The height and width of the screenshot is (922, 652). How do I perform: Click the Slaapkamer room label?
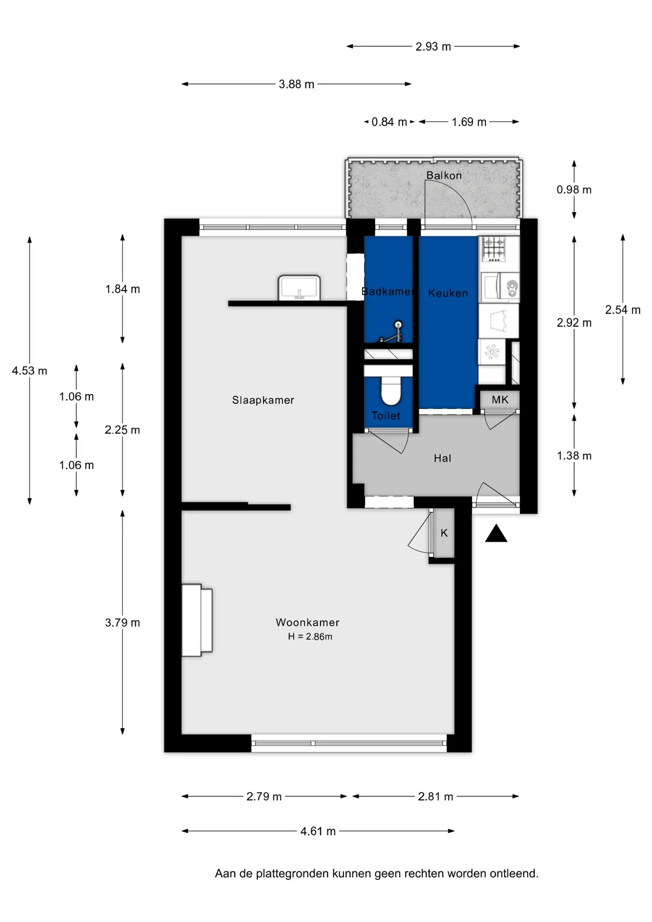coord(263,400)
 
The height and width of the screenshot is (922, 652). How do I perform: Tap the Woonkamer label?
coord(307,622)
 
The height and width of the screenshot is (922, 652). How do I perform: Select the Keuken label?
coord(448,293)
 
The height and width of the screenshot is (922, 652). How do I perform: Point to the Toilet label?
coord(386,416)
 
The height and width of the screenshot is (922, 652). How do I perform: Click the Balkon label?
coord(444,175)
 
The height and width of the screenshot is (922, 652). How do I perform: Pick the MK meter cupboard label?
coord(500,400)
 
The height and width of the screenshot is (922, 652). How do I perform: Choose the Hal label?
coord(442,458)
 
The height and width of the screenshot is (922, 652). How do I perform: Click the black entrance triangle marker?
coord(496,534)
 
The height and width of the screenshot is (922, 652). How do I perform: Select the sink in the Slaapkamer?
coord(299,288)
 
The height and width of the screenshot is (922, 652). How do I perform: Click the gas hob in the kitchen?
coord(494,249)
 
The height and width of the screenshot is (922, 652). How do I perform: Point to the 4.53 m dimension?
coord(29,371)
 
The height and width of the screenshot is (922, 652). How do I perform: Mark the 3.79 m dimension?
coord(122,623)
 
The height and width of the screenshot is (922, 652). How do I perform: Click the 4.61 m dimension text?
coord(318,831)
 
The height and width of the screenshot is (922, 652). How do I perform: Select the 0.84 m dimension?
coord(389,122)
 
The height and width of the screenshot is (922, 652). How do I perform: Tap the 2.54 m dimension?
coord(623,310)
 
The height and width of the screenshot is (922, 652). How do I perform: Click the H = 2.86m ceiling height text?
coord(310,637)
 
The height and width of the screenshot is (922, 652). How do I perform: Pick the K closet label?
coord(444,533)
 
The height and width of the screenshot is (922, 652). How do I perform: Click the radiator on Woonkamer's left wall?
coord(197,620)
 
